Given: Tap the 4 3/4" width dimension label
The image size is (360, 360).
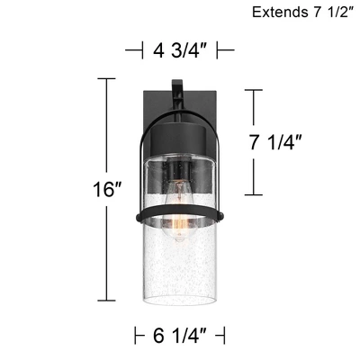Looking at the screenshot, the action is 179,50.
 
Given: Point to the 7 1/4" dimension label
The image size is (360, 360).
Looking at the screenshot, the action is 275,142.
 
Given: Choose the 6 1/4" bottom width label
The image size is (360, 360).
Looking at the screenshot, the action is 179,336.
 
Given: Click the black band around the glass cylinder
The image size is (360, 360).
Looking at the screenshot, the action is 179,213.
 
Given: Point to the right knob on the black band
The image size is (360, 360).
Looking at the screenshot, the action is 220,216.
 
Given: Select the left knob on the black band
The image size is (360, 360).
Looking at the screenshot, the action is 139,216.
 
